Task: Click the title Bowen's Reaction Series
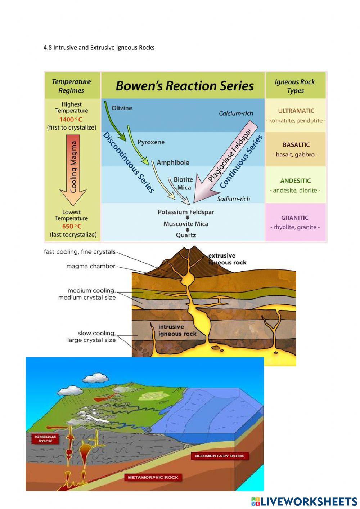184,86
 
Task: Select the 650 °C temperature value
72,226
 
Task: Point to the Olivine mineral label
122,108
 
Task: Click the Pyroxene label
151,142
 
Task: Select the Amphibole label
173,162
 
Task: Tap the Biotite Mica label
184,183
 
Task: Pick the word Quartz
186,235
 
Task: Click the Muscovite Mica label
186,224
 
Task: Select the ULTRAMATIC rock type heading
296,111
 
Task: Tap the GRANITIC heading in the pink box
295,218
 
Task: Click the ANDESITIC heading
295,181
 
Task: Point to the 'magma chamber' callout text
91,266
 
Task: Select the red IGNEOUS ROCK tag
45,438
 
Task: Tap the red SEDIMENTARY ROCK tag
219,456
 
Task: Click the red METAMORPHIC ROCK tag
153,477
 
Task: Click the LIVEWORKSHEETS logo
304,501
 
